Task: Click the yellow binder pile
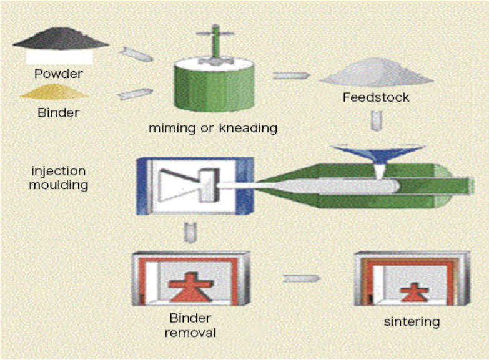point(55,93)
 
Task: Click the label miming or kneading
point(212,129)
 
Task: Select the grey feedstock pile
point(377,75)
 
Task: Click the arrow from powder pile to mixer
point(136,55)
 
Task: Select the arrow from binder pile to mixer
point(135,94)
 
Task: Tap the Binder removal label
point(190,326)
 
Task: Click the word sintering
point(412,322)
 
